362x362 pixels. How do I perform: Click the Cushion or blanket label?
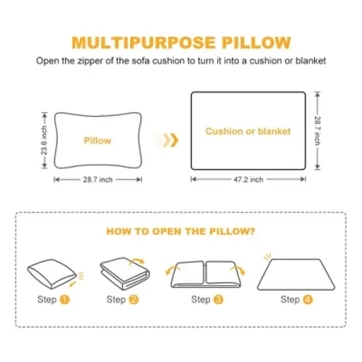point(248,131)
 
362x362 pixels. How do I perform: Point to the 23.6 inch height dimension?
point(45,140)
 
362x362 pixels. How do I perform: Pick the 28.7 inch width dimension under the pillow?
point(97,178)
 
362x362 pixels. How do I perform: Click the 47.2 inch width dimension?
point(248,179)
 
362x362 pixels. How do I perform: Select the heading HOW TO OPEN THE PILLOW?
point(180,232)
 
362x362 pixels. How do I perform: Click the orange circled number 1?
point(65,299)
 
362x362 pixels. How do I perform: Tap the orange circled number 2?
point(134,299)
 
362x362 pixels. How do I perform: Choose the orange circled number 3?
point(219,299)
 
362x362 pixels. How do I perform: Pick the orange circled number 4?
point(307,299)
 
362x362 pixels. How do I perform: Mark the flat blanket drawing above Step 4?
point(290,273)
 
